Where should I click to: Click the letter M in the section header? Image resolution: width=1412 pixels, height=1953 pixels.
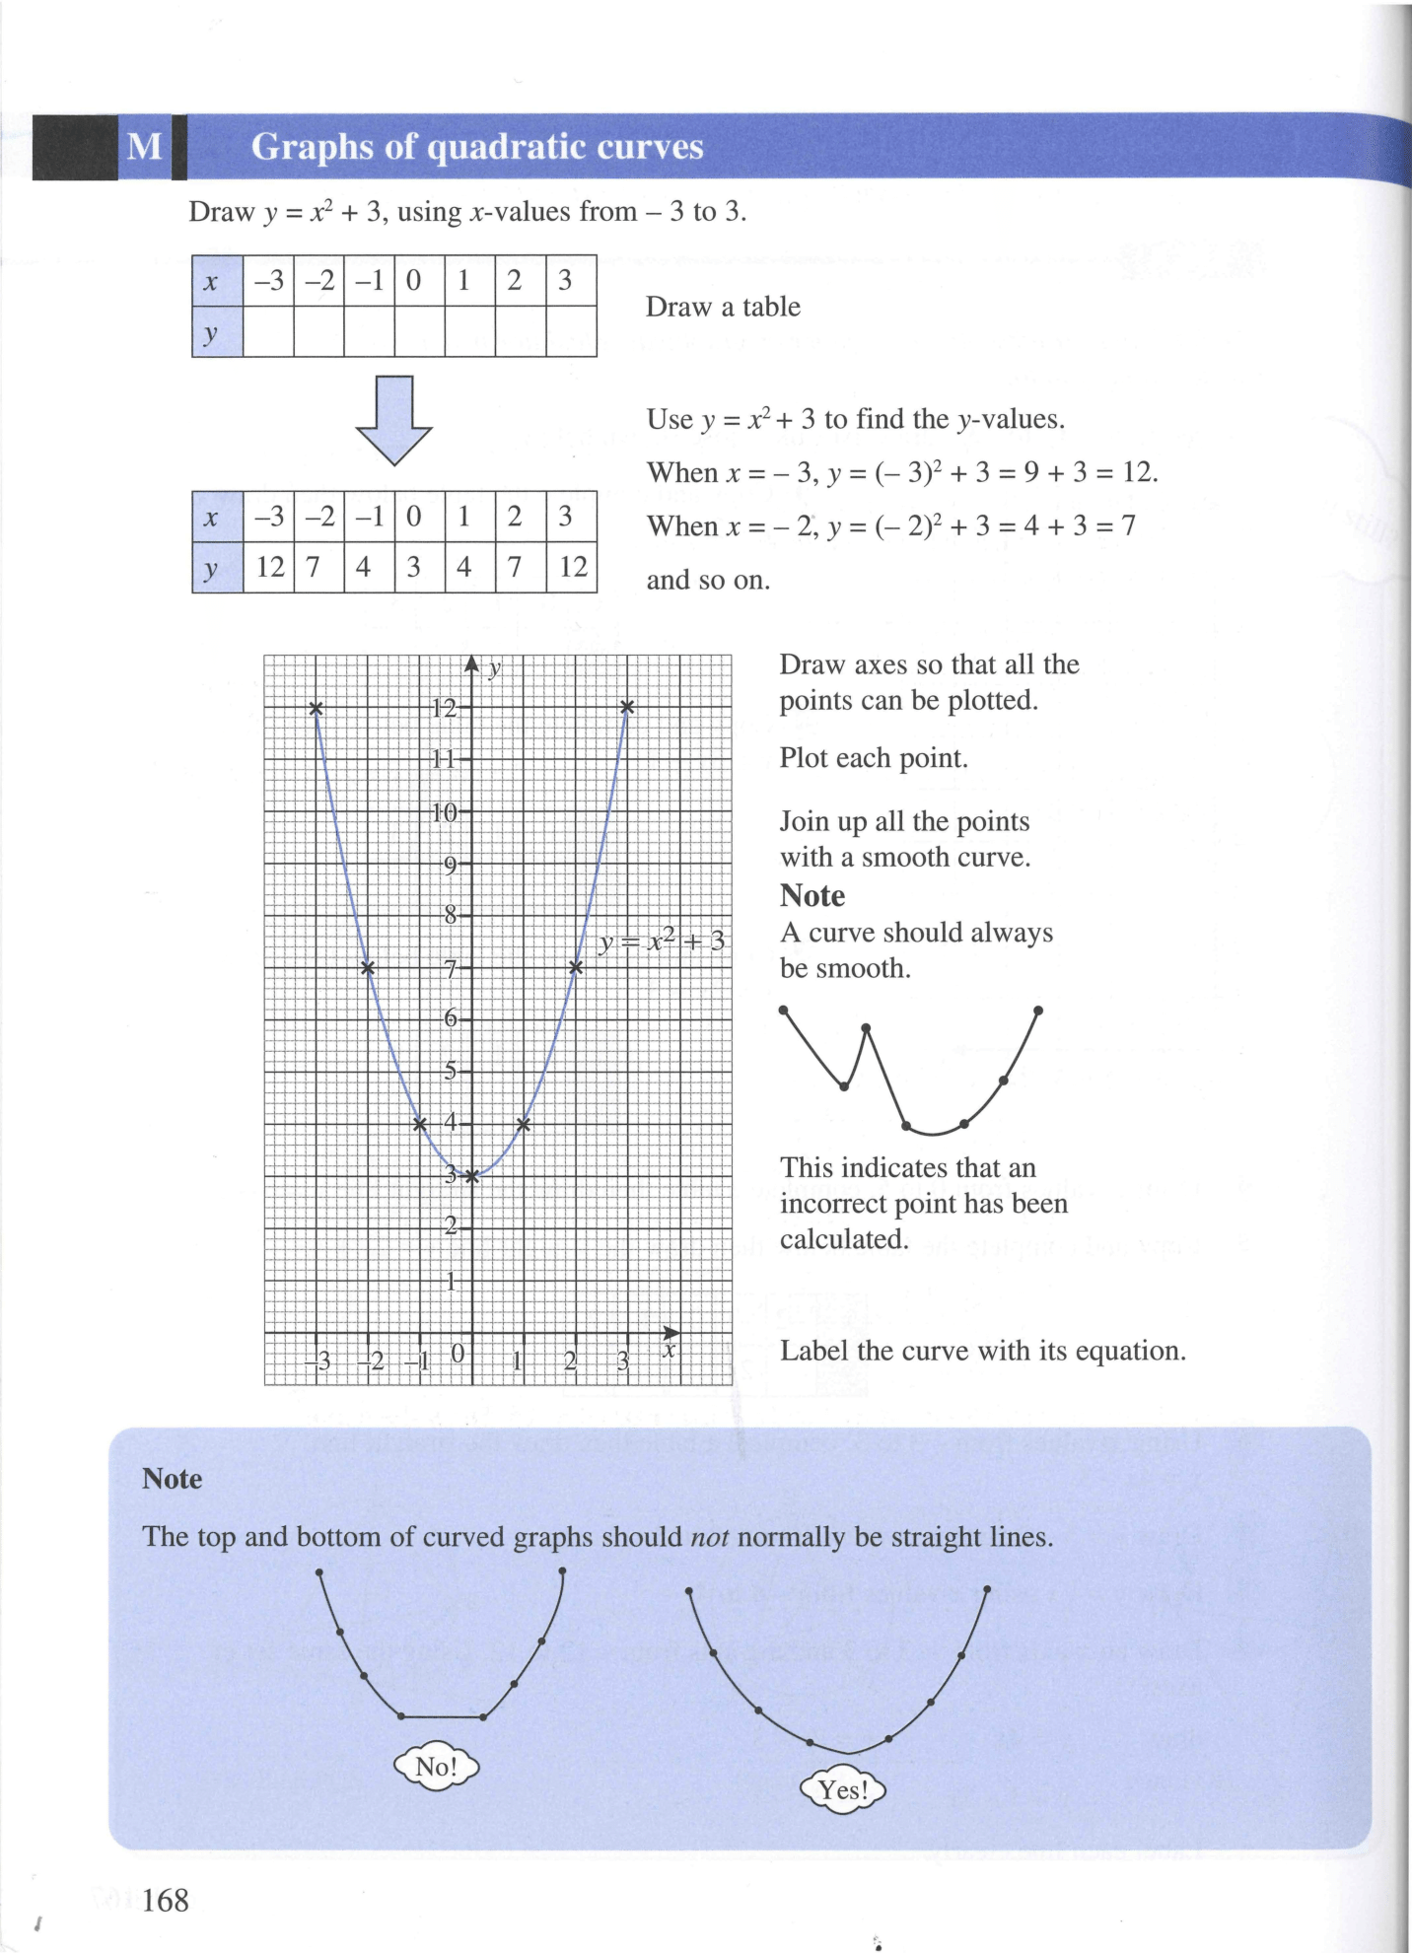(145, 147)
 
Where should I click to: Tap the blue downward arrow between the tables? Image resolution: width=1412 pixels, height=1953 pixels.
(393, 420)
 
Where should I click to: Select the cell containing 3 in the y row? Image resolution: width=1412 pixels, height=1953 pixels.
(414, 567)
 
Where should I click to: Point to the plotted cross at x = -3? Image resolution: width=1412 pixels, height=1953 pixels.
(316, 708)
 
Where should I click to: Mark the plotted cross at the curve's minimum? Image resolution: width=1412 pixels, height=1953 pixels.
(471, 1175)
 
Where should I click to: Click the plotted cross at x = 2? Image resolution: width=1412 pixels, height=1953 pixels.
(576, 967)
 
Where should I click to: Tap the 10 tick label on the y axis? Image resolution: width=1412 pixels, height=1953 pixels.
(445, 812)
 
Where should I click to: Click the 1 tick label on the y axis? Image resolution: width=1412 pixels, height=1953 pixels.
(451, 1282)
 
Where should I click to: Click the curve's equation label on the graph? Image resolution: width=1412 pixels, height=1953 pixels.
(662, 942)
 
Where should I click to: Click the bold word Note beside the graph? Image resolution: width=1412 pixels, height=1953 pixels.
(812, 896)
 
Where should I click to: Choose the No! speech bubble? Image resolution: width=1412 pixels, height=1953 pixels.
(436, 1766)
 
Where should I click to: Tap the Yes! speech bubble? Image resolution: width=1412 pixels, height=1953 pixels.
(843, 1789)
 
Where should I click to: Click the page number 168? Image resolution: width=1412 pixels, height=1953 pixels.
(165, 1900)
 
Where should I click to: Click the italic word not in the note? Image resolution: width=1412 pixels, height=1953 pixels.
(709, 1537)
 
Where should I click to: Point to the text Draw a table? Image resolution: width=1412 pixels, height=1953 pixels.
(723, 307)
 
